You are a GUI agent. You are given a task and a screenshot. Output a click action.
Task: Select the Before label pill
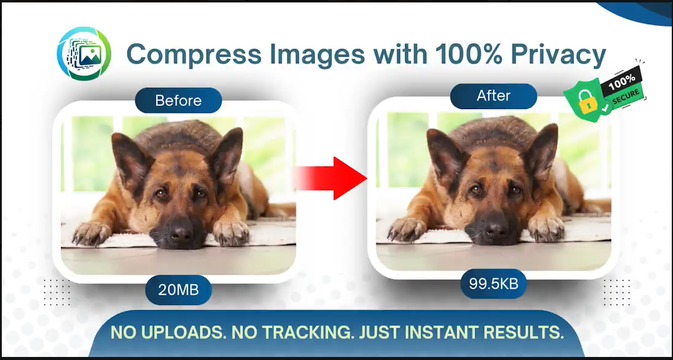pos(178,101)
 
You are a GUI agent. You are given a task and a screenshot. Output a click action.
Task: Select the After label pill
pos(493,96)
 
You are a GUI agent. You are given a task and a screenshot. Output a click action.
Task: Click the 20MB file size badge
pos(178,290)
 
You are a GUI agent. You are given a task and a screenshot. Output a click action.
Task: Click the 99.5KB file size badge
pos(493,284)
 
